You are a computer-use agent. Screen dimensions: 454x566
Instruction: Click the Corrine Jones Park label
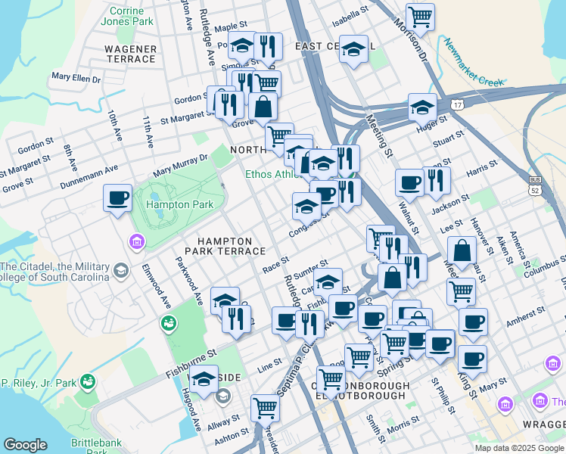[127, 17]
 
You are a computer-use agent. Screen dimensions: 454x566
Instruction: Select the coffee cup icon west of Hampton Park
[118, 199]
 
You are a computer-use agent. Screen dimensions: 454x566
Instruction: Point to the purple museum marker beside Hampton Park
[136, 242]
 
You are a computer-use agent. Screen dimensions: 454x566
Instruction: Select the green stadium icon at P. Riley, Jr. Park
[89, 381]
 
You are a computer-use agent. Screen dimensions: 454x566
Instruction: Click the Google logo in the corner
[25, 445]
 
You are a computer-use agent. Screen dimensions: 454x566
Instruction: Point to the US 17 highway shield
[457, 105]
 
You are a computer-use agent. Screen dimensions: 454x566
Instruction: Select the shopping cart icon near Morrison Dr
[420, 16]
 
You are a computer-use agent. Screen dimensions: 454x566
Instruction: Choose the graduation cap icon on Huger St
[422, 108]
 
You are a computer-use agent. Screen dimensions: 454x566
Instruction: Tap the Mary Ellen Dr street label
[76, 77]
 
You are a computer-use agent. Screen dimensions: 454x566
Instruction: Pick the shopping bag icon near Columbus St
[461, 251]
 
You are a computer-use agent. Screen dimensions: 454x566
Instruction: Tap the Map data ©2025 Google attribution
[519, 448]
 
